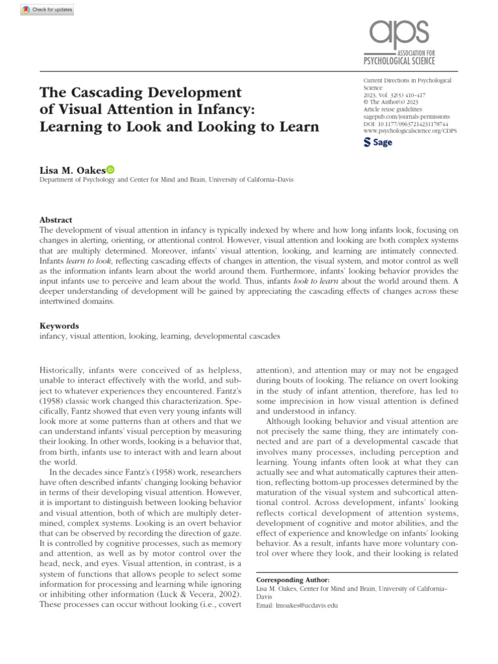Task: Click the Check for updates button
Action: pos(49,10)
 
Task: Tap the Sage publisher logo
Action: pos(378,142)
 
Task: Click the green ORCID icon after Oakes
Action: pos(110,169)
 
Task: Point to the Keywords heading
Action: pos(59,326)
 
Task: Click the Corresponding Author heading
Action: pos(293,579)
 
